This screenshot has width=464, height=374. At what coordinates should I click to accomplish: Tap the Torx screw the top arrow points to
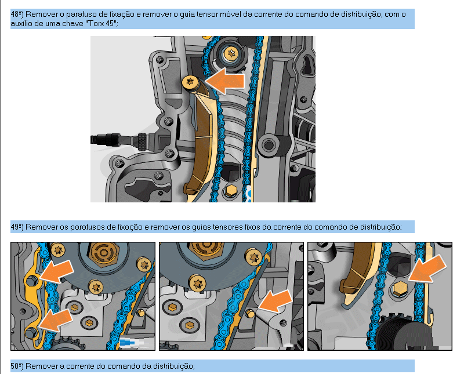[190, 82]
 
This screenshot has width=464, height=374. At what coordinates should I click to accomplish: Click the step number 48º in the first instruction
[17, 14]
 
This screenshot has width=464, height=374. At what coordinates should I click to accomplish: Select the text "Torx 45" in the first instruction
[101, 23]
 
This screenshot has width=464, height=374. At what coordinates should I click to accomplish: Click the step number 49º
[17, 227]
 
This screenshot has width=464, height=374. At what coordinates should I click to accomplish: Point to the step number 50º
[17, 366]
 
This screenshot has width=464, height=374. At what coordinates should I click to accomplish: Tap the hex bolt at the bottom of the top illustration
[230, 191]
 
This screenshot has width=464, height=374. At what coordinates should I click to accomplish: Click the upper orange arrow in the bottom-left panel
[57, 271]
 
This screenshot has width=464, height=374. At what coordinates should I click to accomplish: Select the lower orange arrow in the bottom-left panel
[55, 320]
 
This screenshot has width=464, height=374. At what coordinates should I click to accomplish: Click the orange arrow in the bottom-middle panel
[275, 300]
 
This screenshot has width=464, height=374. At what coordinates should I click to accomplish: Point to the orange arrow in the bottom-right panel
[427, 268]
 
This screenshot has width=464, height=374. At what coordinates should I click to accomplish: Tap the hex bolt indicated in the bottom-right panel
[400, 289]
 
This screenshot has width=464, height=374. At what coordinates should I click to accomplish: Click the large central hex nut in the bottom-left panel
[103, 252]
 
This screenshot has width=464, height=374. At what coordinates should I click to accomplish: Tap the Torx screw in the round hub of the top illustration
[231, 53]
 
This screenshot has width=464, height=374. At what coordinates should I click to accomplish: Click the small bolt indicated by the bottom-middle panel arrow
[250, 313]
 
